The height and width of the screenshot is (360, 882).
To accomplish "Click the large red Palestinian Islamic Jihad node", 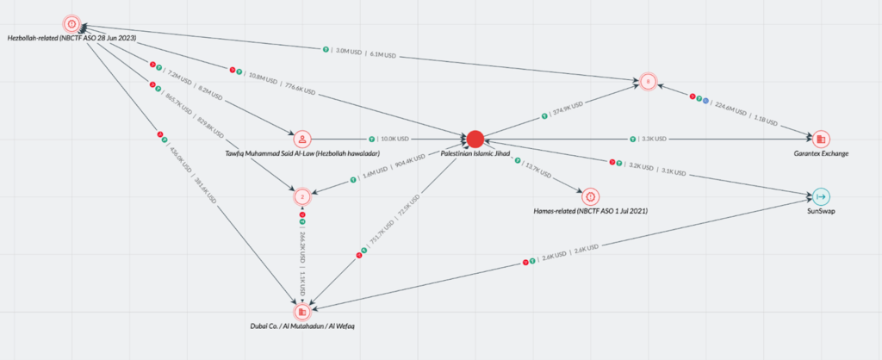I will pyautogui.click(x=475, y=138).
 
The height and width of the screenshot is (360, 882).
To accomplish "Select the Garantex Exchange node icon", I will pyautogui.click(x=820, y=139).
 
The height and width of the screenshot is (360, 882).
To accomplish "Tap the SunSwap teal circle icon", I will pyautogui.click(x=820, y=196).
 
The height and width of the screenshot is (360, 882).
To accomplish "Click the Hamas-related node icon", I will pyautogui.click(x=590, y=196).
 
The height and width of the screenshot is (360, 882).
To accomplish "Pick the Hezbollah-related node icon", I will pyautogui.click(x=71, y=23).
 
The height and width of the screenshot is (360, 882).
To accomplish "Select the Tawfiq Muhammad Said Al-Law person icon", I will pyautogui.click(x=301, y=138).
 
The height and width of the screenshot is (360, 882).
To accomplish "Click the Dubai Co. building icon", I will pyautogui.click(x=301, y=312).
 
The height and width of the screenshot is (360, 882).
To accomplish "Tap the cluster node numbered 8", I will pyautogui.click(x=647, y=82).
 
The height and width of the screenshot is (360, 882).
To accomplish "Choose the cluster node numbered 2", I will pyautogui.click(x=301, y=196).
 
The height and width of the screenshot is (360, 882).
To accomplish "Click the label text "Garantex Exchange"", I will pyautogui.click(x=821, y=153).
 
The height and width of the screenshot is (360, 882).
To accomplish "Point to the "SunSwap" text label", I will pyautogui.click(x=820, y=211).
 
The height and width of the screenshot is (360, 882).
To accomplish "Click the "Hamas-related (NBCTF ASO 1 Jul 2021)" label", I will pyautogui.click(x=590, y=211).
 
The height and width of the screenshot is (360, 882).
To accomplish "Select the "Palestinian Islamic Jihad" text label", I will pyautogui.click(x=476, y=153).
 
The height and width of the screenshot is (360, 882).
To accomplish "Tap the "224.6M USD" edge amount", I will pyautogui.click(x=730, y=109).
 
